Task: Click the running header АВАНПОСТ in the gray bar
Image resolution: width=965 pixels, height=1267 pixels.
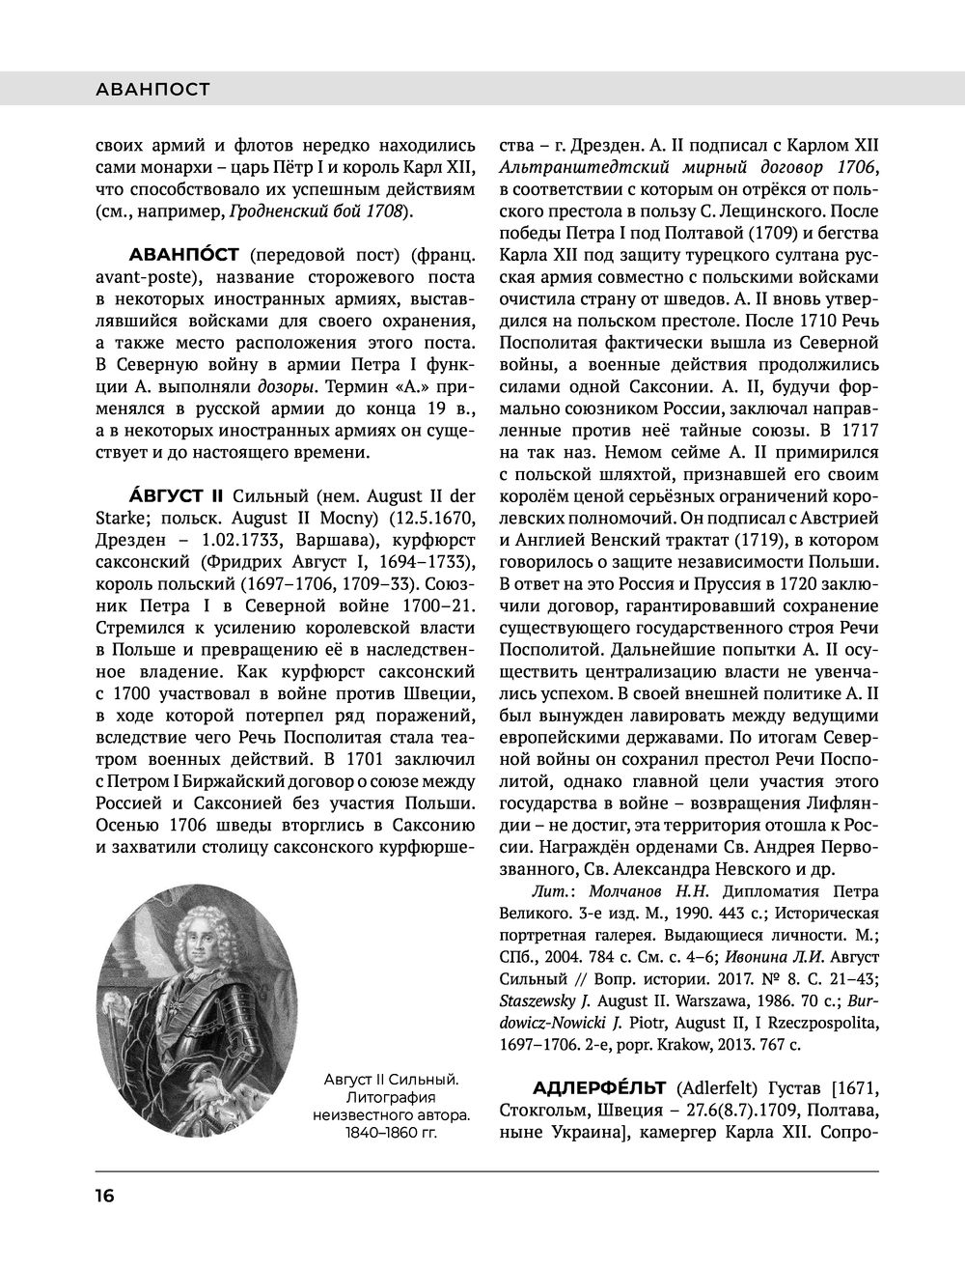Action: tap(153, 90)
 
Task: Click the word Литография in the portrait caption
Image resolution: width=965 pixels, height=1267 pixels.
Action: tap(386, 1098)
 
